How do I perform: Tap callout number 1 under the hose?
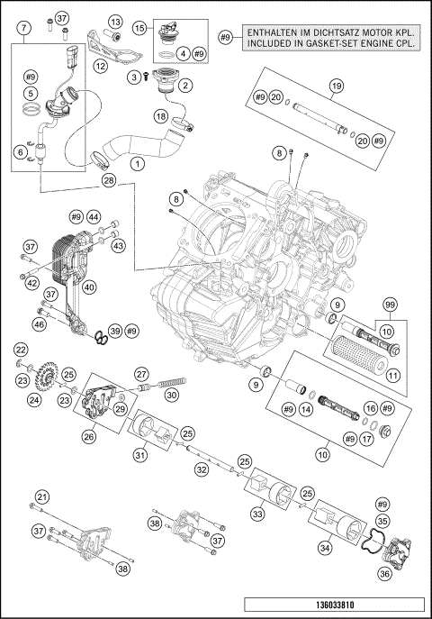pos(137,165)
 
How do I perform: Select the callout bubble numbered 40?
pos(90,288)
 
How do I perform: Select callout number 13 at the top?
pos(115,22)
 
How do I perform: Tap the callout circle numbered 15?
pos(140,29)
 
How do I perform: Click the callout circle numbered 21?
pos(41,497)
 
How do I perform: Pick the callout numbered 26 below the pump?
pos(89,437)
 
